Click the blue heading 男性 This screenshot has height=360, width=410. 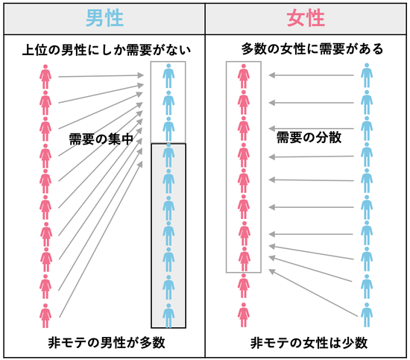pos(104,18)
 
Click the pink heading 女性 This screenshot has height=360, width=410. pos(306,18)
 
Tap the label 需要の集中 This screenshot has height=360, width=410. pos(101,139)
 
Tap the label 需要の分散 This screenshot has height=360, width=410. pos(309,137)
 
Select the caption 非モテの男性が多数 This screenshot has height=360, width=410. pos(107,342)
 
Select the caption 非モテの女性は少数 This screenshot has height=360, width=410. pos(309,343)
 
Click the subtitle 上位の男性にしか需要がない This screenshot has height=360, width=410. pos(107,50)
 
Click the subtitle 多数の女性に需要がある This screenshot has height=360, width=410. pos(312,49)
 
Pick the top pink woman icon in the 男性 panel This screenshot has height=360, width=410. pos(45,77)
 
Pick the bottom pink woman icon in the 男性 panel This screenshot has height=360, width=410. pos(45,315)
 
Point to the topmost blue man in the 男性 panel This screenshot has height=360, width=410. pos(168,76)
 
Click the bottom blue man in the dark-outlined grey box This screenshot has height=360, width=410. pos(168,315)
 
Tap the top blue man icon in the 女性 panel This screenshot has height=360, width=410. pos(367,75)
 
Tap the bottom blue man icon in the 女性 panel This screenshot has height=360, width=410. pos(367,315)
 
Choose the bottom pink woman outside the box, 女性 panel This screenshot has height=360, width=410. pos(244,315)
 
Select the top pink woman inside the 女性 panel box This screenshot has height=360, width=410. pos(244,76)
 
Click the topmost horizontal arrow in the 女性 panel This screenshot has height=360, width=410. pos(311,75)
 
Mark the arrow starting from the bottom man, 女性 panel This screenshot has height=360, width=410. pos(313,293)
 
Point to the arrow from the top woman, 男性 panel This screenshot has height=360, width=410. pos(101,76)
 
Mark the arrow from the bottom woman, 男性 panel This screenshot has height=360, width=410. pos(101,239)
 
